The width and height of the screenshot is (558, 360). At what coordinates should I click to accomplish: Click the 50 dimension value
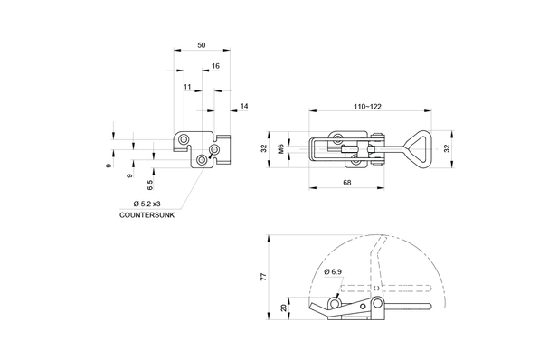(202, 45)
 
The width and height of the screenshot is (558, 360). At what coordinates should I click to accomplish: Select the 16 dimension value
(215, 66)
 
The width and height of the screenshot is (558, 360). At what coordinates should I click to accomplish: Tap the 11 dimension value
(187, 87)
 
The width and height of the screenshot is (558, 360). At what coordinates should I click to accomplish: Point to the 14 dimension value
(244, 106)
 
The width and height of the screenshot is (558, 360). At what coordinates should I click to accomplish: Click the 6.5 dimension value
(150, 185)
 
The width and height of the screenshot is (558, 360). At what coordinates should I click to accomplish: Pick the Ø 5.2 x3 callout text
(147, 204)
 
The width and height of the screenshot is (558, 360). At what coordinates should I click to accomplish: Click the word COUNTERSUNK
(147, 215)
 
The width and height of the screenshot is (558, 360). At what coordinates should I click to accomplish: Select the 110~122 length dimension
(367, 107)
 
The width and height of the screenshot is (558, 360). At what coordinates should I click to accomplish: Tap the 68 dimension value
(347, 183)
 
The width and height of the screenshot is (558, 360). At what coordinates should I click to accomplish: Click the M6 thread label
(280, 148)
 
